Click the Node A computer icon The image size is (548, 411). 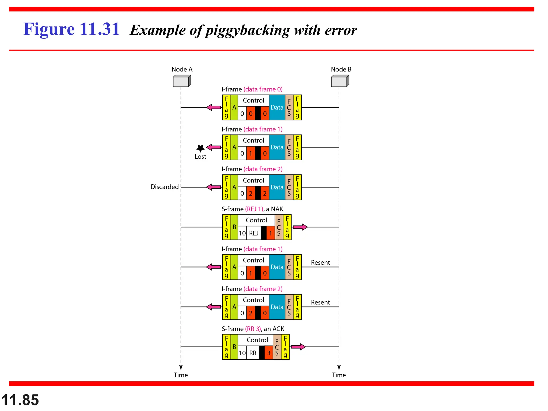point(182,81)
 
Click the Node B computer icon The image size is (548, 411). point(340,81)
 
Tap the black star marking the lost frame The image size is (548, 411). point(200,148)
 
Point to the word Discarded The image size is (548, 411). point(164,187)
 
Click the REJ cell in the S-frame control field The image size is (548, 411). point(254,233)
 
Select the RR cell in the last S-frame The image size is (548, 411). point(253,353)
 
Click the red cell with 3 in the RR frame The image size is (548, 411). point(269,353)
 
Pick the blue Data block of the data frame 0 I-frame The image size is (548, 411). point(277,107)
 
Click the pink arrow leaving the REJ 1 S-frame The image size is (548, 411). point(300,227)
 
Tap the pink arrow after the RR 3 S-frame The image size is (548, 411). point(298,347)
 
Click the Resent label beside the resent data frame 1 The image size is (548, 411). point(320,262)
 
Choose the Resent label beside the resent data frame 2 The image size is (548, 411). point(320,302)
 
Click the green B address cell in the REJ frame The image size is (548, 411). point(234,227)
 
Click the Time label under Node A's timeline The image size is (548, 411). point(181,375)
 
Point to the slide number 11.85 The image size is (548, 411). point(20,400)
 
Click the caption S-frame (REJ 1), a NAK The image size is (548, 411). point(252,209)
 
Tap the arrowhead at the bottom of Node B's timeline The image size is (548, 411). point(339,367)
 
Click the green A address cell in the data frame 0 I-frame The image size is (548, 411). point(234,107)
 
